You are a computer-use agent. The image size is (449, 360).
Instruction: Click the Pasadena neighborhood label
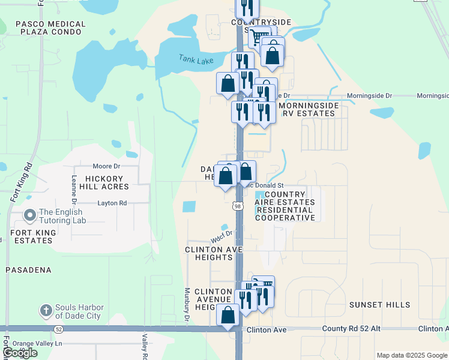(x=28, y=270)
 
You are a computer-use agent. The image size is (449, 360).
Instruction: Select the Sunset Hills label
(x=379, y=305)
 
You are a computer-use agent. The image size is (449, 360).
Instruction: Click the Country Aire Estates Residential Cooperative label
(x=285, y=206)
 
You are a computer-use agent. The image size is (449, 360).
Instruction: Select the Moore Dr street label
(x=107, y=166)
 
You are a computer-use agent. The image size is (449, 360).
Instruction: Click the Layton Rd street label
(x=112, y=203)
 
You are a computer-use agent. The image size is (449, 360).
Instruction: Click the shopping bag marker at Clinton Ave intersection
(x=228, y=315)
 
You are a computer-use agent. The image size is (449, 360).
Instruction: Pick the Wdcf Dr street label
(x=221, y=237)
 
